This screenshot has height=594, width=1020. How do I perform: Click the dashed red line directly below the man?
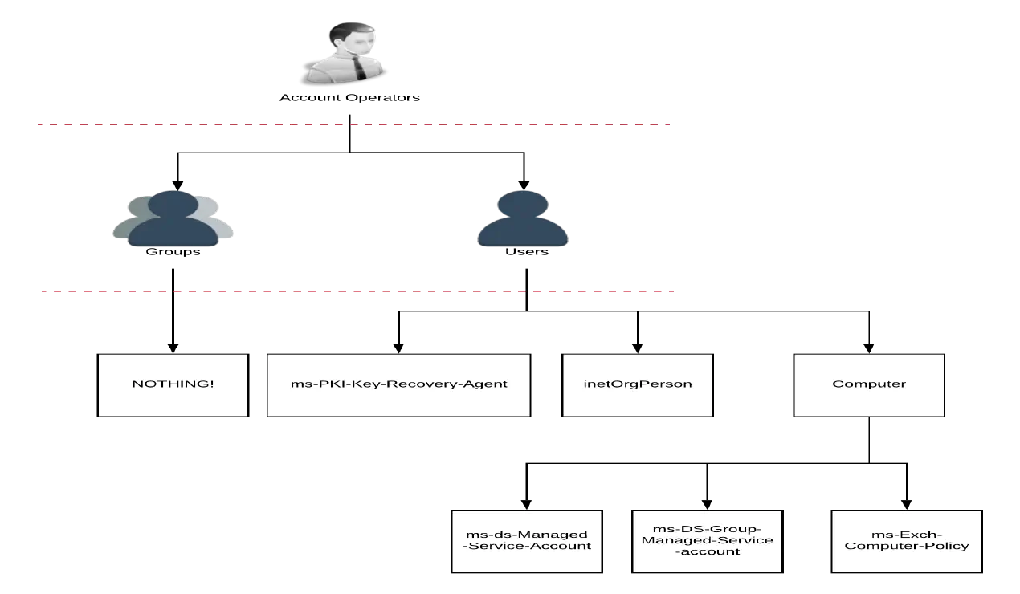point(353,125)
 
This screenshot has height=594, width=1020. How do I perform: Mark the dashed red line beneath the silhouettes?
point(353,292)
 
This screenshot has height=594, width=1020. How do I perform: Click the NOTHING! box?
point(173,384)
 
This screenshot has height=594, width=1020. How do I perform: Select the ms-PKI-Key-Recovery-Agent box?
point(398,384)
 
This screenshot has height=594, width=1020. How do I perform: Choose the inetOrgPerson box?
point(637,384)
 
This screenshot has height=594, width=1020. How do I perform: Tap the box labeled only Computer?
point(868,384)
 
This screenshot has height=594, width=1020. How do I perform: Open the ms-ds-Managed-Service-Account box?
point(527,540)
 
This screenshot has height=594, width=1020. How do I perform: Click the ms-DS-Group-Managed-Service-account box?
point(707,540)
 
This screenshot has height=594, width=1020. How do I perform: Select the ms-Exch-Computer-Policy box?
point(906,540)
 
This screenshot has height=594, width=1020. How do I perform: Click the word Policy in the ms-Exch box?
point(949,547)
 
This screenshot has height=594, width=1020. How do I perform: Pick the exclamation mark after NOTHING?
point(212,384)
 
